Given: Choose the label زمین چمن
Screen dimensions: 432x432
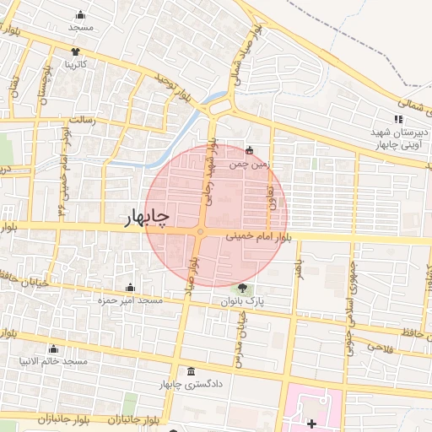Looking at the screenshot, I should click(254, 165).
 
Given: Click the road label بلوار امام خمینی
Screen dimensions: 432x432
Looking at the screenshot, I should click(262, 240).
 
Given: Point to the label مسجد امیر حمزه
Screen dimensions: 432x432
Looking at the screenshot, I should click(131, 301).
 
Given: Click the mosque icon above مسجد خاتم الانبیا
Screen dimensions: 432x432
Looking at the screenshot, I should click(54, 348).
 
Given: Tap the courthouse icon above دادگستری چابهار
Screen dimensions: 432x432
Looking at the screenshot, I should click(191, 371).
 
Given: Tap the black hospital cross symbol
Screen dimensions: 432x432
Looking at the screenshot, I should click(311, 422).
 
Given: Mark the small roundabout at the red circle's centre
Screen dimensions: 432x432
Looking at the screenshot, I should click(200, 232).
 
